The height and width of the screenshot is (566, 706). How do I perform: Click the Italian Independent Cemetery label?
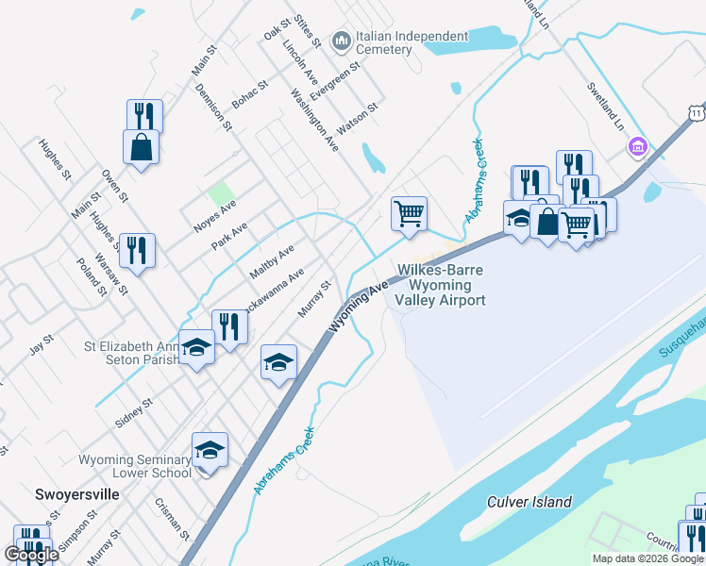(x=412, y=43)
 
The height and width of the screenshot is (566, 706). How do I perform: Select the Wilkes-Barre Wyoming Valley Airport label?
(x=441, y=285)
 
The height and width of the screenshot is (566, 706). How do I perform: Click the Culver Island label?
(x=529, y=502)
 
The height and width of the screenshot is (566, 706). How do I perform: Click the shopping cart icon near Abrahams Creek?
(x=409, y=213)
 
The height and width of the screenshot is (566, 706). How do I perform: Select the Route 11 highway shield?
(x=696, y=112)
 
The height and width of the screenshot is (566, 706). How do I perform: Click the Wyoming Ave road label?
(x=360, y=303)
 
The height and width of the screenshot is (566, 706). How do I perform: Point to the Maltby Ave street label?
(x=272, y=260)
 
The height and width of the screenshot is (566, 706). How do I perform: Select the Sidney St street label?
(x=134, y=413)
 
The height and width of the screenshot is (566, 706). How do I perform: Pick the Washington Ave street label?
(x=314, y=121)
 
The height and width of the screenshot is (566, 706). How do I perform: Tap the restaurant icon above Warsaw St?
(x=138, y=251)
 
